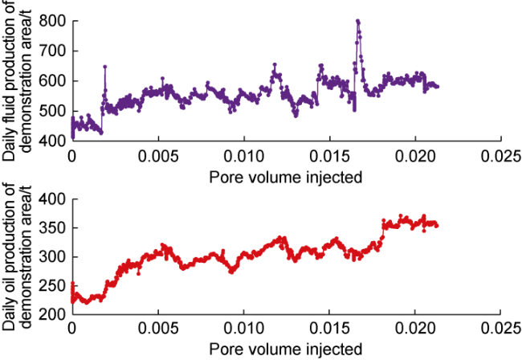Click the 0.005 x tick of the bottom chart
[x=157, y=329]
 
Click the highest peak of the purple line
[x=357, y=21]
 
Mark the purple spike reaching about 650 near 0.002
[x=104, y=66]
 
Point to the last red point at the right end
[x=437, y=225]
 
